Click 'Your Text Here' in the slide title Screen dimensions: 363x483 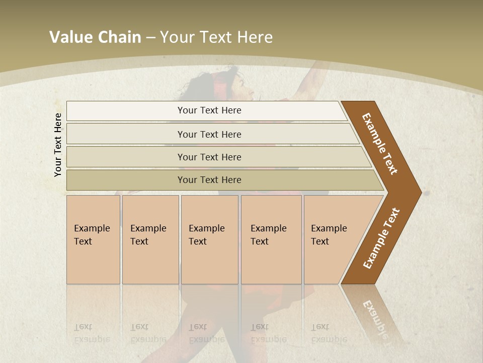[x=216, y=37]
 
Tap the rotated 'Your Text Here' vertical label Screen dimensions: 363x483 [x=58, y=145]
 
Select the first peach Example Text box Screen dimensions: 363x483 [x=93, y=239]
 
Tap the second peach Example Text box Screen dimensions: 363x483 [x=150, y=239]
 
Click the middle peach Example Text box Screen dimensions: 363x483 [x=209, y=239]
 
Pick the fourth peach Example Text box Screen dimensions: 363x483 [x=271, y=239]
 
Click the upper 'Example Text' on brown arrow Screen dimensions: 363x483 [x=380, y=144]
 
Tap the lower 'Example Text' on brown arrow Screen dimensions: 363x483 [x=381, y=238]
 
